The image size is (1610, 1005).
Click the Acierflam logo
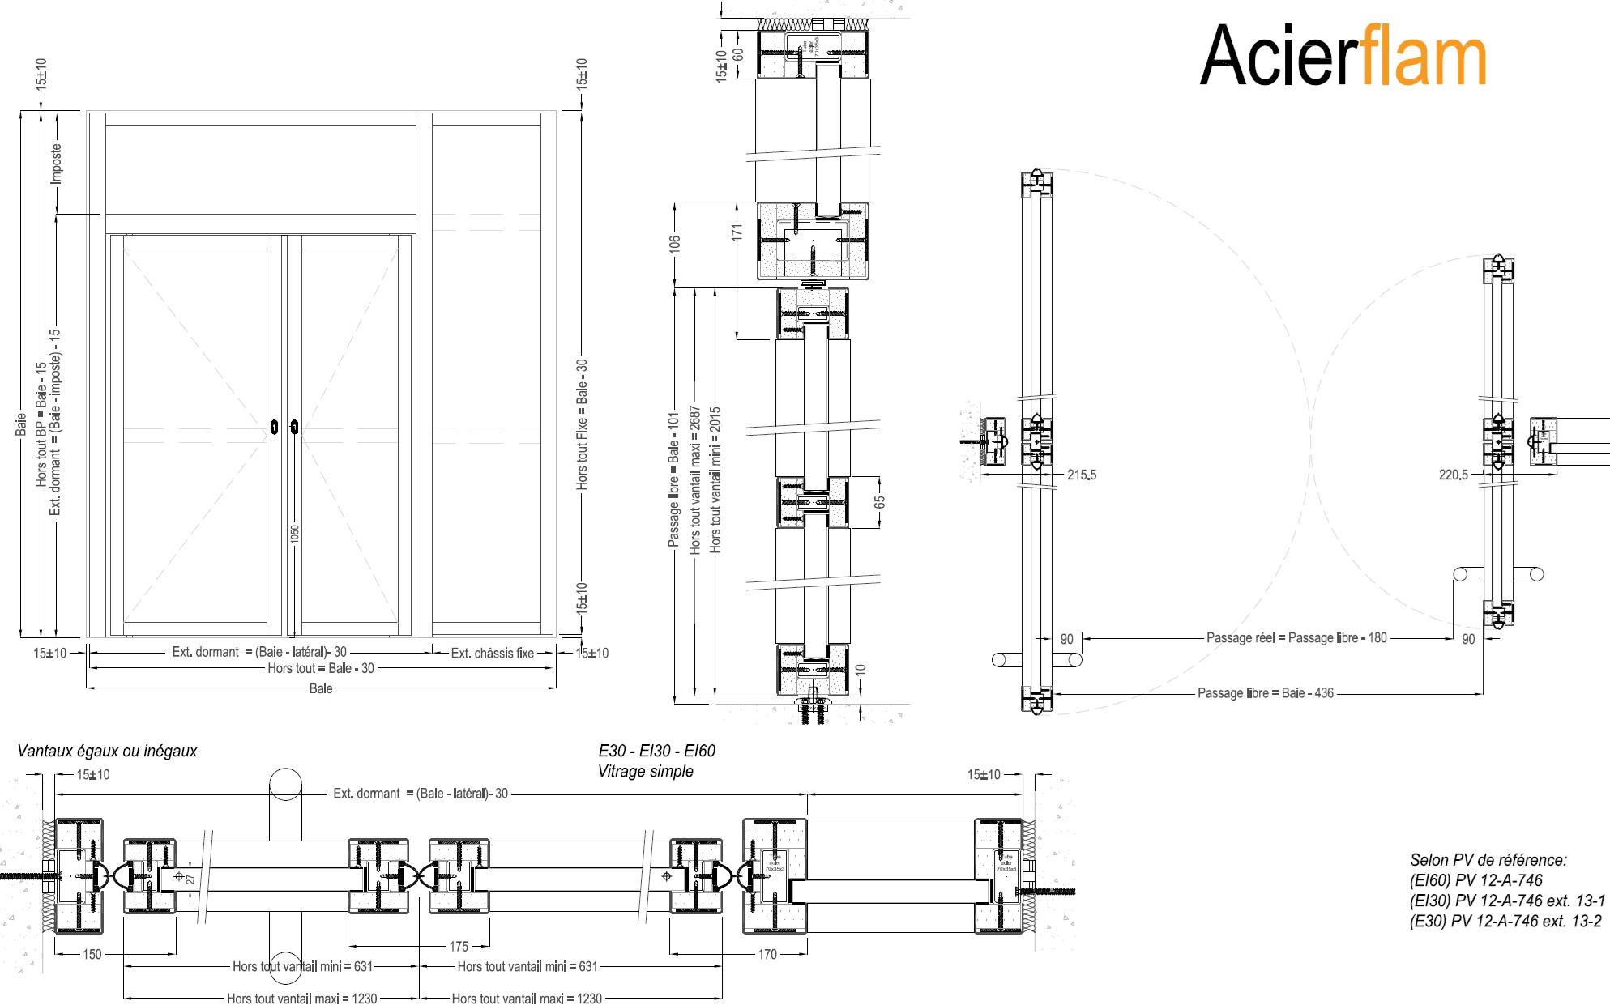(1342, 55)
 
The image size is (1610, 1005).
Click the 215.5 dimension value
(1081, 475)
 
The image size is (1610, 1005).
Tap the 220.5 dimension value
(1453, 475)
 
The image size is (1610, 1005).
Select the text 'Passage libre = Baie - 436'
(1265, 693)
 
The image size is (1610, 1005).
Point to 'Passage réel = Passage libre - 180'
(1296, 638)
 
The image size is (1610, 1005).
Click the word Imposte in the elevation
(56, 164)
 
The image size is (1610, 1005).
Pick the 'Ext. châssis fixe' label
(492, 653)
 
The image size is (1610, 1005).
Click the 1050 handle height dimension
(296, 534)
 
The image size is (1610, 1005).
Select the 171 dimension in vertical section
(737, 231)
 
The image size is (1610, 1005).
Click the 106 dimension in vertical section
(675, 243)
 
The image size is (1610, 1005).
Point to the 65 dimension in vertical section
(880, 502)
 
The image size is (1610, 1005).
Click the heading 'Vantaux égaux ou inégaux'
(108, 752)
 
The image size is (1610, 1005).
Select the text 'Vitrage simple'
(645, 772)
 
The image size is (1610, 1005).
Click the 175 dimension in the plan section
(459, 946)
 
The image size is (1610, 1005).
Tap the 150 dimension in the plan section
(92, 954)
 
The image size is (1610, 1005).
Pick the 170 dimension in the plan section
(767, 954)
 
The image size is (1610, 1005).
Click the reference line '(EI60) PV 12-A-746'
(1475, 881)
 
